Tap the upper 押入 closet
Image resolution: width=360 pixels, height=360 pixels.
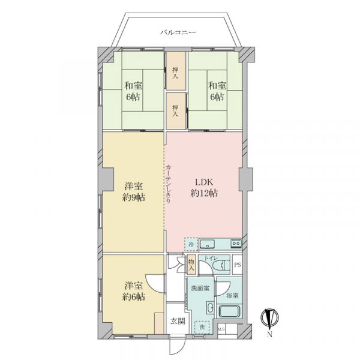(x=175, y=73)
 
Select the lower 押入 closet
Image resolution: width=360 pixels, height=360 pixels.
(x=175, y=110)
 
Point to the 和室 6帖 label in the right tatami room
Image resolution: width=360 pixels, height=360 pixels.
(x=216, y=91)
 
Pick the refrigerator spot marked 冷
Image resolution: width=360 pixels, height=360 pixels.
(x=191, y=244)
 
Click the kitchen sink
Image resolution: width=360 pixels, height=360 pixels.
(x=208, y=244)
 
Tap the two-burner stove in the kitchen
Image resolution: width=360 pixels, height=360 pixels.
(x=234, y=244)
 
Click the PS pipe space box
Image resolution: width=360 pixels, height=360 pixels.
(x=237, y=265)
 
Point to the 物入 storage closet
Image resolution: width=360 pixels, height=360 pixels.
(x=191, y=264)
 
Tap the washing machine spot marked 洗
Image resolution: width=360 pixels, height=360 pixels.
(x=203, y=328)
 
